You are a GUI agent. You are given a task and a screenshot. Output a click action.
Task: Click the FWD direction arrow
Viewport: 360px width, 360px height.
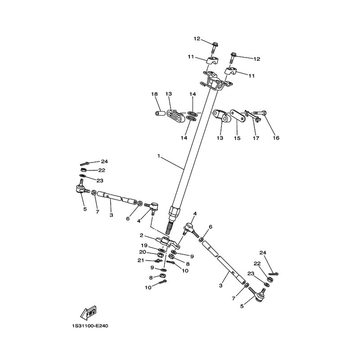(x=88, y=313)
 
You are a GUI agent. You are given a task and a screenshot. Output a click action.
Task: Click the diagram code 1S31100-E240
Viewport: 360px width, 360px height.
(x=90, y=326)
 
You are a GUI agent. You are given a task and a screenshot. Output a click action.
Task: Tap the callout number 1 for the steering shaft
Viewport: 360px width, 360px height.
(x=158, y=156)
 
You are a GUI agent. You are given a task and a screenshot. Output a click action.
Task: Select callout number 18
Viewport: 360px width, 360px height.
(x=154, y=94)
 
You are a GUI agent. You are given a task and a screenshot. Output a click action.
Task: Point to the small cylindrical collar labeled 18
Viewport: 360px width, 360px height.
(x=160, y=113)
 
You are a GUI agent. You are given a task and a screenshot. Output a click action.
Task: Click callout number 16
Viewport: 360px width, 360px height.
(x=276, y=138)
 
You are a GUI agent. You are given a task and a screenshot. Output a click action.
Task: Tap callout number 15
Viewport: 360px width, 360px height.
(x=237, y=138)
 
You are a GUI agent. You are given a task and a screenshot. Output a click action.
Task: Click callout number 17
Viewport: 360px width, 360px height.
(x=256, y=138)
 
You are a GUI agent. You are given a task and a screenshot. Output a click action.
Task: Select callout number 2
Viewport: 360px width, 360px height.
(x=141, y=235)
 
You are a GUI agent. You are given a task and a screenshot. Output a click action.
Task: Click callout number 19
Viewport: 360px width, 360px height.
(x=144, y=245)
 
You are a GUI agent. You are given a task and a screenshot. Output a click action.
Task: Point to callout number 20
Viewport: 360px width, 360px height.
(x=143, y=252)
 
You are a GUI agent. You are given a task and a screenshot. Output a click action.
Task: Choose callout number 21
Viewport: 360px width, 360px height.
(x=141, y=260)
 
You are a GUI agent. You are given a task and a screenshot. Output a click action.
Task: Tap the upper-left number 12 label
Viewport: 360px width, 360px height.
(x=197, y=39)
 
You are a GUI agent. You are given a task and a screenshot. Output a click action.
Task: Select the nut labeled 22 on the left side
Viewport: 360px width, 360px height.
(x=84, y=170)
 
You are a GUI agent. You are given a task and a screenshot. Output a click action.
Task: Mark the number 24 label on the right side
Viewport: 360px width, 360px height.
(x=263, y=253)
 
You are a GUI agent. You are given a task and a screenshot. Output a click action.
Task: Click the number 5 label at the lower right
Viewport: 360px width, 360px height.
(x=242, y=306)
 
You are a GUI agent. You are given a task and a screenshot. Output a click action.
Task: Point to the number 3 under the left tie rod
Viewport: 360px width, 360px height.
(x=111, y=215)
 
